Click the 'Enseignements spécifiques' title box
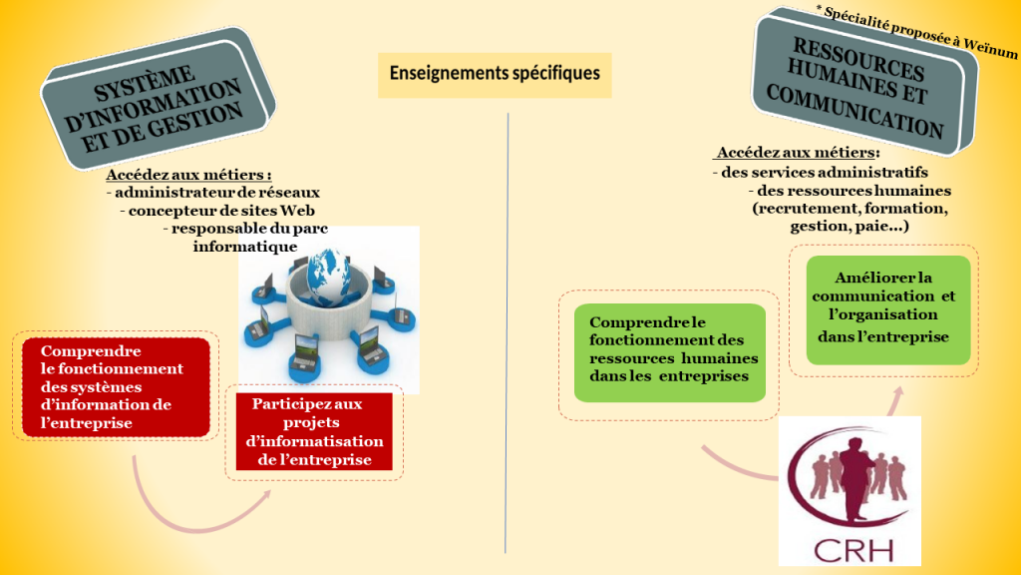(x=495, y=74)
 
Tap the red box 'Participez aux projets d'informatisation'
(x=314, y=432)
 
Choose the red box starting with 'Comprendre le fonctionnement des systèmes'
(x=116, y=387)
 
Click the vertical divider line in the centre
(x=507, y=329)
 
